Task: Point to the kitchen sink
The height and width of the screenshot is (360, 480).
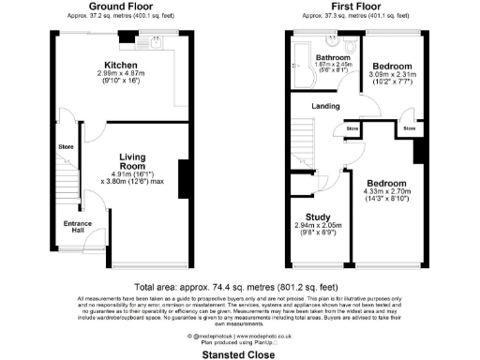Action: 155,42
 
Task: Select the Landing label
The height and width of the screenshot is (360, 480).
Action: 325,106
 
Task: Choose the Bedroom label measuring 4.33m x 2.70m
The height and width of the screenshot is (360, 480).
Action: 386,183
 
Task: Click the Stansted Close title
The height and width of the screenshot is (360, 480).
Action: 240,354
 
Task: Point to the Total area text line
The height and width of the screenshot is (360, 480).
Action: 240,285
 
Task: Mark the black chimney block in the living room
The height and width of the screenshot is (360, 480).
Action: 181,178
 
